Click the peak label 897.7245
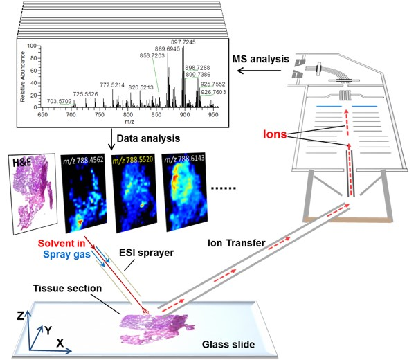(x=183, y=42)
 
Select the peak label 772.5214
(x=112, y=85)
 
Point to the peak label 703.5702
(x=59, y=101)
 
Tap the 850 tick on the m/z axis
(x=156, y=115)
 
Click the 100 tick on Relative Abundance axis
(x=32, y=46)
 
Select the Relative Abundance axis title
(x=23, y=77)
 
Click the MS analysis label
(x=260, y=59)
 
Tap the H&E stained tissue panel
(x=34, y=193)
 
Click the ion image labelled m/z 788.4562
(x=84, y=193)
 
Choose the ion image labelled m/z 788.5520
(x=134, y=193)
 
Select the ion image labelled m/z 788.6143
(x=185, y=192)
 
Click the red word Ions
(x=275, y=134)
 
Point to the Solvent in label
(x=62, y=243)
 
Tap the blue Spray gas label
(x=66, y=254)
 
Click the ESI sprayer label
(x=147, y=253)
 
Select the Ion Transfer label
(x=237, y=243)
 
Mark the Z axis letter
(x=20, y=316)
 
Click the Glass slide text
(x=228, y=344)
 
